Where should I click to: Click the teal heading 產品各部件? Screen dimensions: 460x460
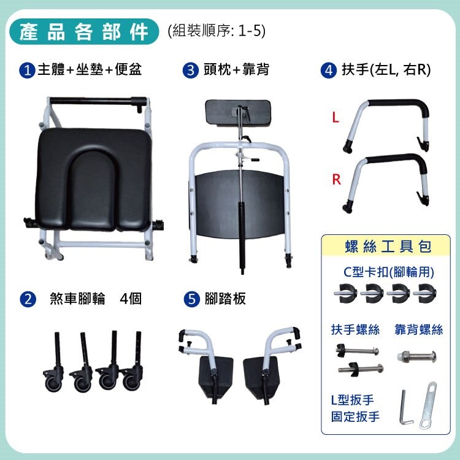click(84, 32)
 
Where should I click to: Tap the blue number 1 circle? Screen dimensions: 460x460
click(27, 71)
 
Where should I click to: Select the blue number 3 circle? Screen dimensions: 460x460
click(190, 71)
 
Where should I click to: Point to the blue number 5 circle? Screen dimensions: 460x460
click(191, 299)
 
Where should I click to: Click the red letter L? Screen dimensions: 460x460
click(335, 118)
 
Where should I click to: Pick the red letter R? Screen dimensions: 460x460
click(336, 179)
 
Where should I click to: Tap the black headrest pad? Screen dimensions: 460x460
click(237, 112)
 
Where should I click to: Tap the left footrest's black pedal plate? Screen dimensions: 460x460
click(216, 377)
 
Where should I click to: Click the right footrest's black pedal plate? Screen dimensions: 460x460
click(260, 377)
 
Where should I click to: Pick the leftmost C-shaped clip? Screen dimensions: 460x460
click(345, 293)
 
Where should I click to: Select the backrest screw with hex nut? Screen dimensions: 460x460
click(416, 356)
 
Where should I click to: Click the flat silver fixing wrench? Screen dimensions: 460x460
click(428, 405)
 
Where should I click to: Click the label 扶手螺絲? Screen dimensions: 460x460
click(355, 330)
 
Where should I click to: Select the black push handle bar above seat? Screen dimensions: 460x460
click(98, 101)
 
